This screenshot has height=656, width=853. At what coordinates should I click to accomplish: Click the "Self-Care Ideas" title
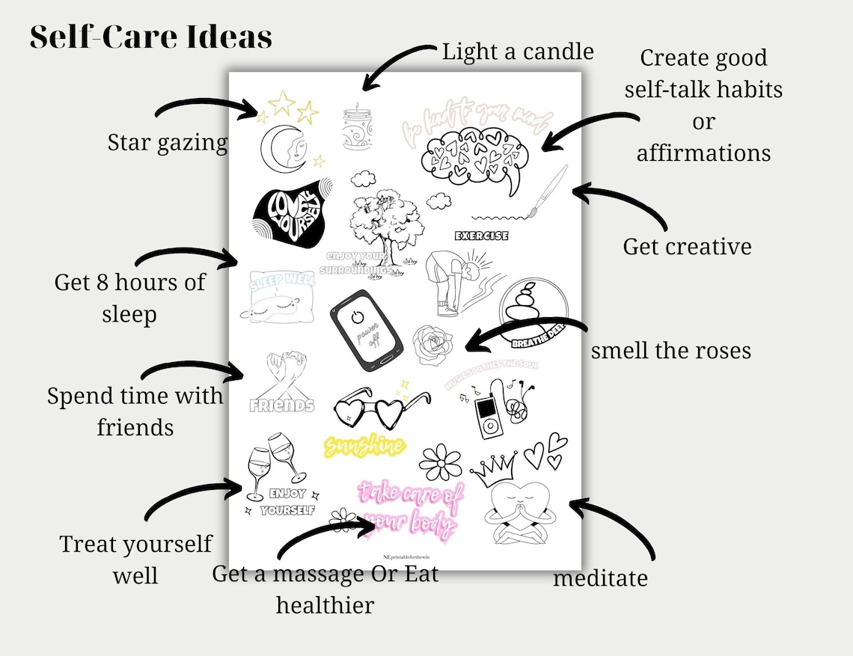point(150,37)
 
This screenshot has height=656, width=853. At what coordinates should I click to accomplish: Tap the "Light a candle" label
point(518,51)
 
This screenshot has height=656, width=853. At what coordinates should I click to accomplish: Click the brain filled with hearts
point(473,154)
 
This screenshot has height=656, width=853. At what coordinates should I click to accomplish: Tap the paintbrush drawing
point(551,188)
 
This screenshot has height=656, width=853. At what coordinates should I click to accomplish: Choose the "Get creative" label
point(687,246)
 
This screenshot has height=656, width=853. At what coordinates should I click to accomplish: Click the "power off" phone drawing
point(367,330)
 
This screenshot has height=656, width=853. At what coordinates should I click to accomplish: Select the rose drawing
point(433,343)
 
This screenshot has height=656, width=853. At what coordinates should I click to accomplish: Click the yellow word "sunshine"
point(364,447)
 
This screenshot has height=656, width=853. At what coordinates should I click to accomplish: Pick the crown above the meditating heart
point(495,470)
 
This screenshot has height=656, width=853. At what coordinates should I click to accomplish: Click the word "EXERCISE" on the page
point(482,236)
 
